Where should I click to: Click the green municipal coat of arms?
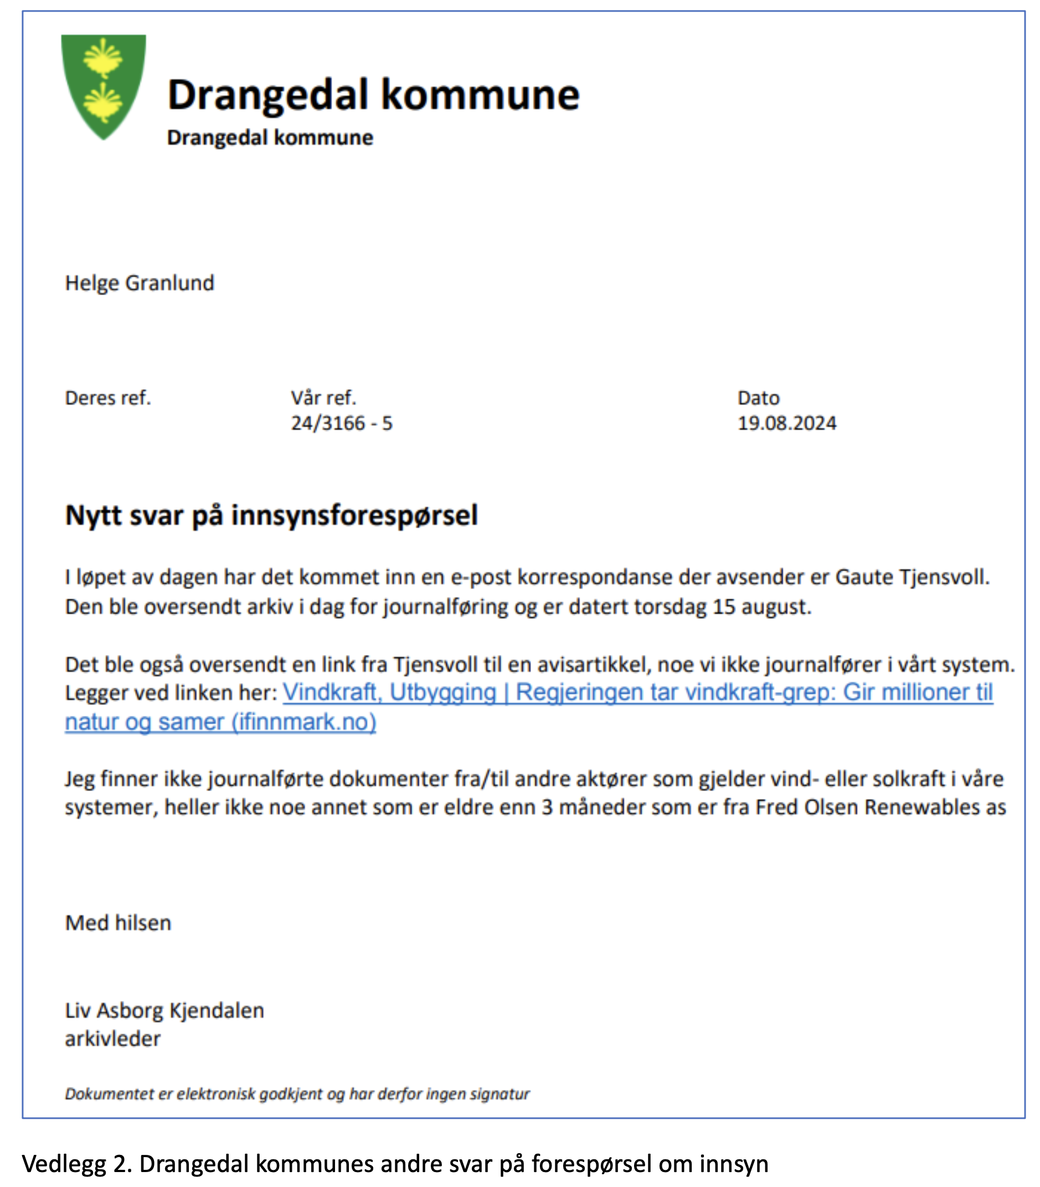[x=104, y=86]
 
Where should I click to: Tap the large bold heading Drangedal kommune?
[x=373, y=95]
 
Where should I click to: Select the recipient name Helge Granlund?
[x=140, y=283]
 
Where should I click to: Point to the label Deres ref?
[x=108, y=398]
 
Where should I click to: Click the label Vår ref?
[x=323, y=398]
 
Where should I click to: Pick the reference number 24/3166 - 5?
[x=341, y=424]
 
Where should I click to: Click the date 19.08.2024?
[x=786, y=424]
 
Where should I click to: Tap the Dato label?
[x=758, y=398]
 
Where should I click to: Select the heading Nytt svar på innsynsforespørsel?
[x=271, y=515]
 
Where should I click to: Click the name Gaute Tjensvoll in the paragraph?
[x=912, y=577]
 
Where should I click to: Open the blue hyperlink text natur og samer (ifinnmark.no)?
[x=220, y=722]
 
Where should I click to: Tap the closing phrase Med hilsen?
[x=118, y=923]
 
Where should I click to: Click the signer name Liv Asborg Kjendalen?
[x=164, y=1010]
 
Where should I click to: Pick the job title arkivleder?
[x=112, y=1039]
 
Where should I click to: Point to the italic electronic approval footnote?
[x=297, y=1094]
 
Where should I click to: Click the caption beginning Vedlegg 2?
[x=395, y=1164]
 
